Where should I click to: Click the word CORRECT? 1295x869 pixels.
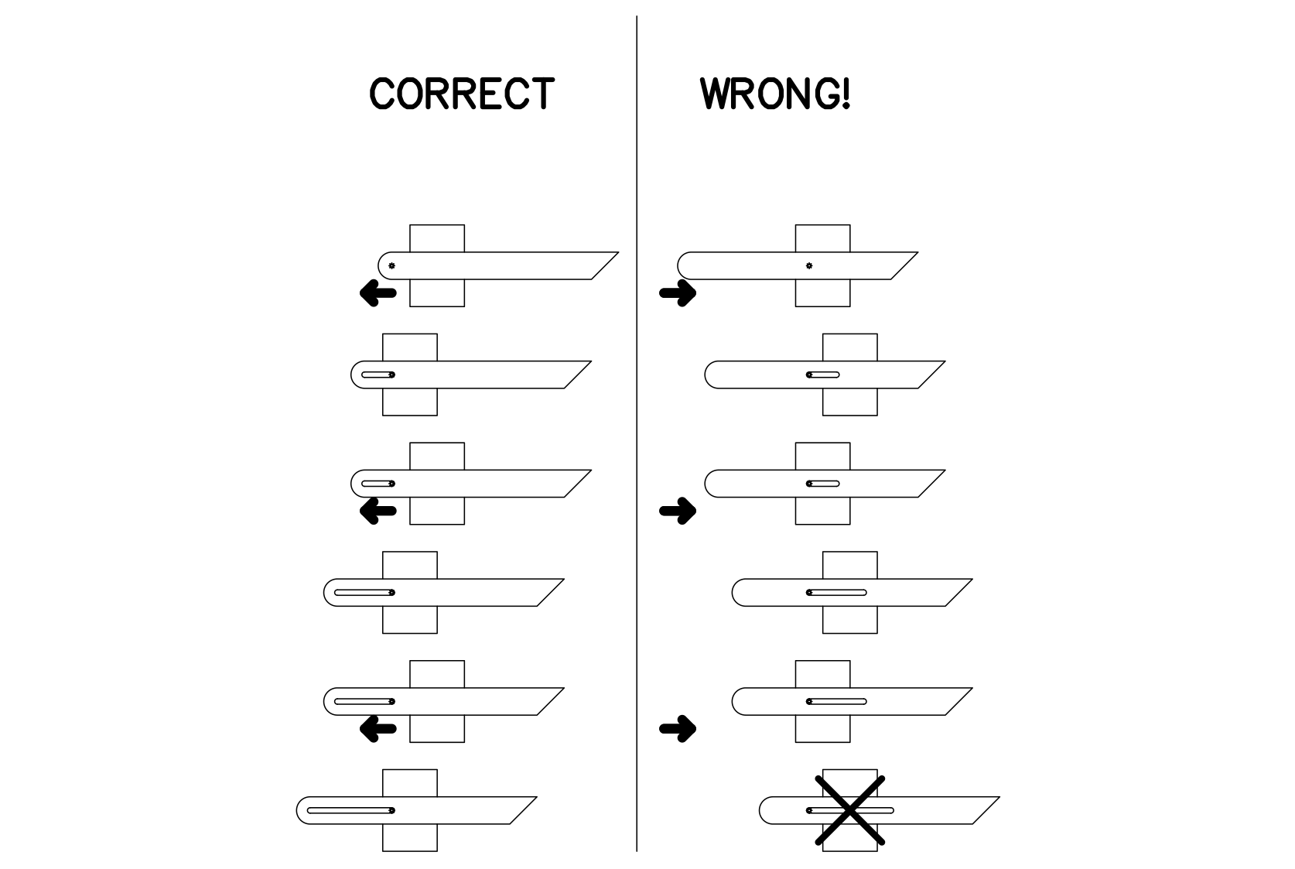pyautogui.click(x=462, y=94)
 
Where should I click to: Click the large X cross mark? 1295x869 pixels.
pyautogui.click(x=849, y=810)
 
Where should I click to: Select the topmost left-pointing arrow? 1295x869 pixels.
pyautogui.click(x=378, y=293)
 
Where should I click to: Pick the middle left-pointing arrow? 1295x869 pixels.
pyautogui.click(x=378, y=511)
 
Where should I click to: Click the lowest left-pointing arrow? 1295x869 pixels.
pyautogui.click(x=378, y=728)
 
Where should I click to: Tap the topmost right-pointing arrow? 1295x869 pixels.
pyautogui.click(x=678, y=293)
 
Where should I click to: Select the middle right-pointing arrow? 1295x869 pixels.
pyautogui.click(x=678, y=511)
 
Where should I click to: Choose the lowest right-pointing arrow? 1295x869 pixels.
pyautogui.click(x=678, y=728)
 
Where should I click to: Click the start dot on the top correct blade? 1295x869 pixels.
pyautogui.click(x=391, y=266)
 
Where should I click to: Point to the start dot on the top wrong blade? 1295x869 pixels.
pyautogui.click(x=809, y=266)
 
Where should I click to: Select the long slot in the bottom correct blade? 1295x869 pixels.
pyautogui.click(x=350, y=810)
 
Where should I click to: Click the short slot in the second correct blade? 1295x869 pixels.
pyautogui.click(x=378, y=375)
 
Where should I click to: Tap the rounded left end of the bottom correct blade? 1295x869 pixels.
pyautogui.click(x=302, y=810)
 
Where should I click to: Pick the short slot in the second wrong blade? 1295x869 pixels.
pyautogui.click(x=823, y=375)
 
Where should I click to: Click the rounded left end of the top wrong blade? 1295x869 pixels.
pyautogui.click(x=684, y=265)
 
